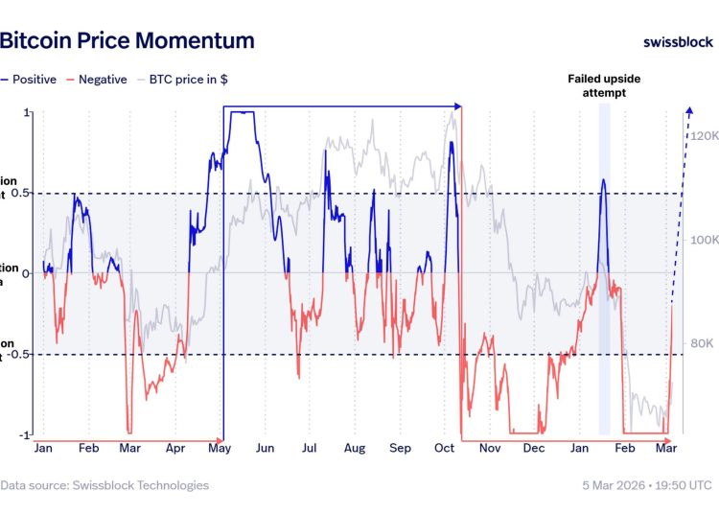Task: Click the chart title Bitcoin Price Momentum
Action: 127,40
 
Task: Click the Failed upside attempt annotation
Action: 603,86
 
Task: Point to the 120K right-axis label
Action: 704,136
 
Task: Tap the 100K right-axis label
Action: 704,240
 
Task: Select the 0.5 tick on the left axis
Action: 23,193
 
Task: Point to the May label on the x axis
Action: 220,448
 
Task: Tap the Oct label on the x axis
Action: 444,448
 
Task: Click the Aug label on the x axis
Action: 355,448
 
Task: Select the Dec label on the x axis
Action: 534,448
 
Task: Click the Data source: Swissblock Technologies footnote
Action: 104,485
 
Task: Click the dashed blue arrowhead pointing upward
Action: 688,112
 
